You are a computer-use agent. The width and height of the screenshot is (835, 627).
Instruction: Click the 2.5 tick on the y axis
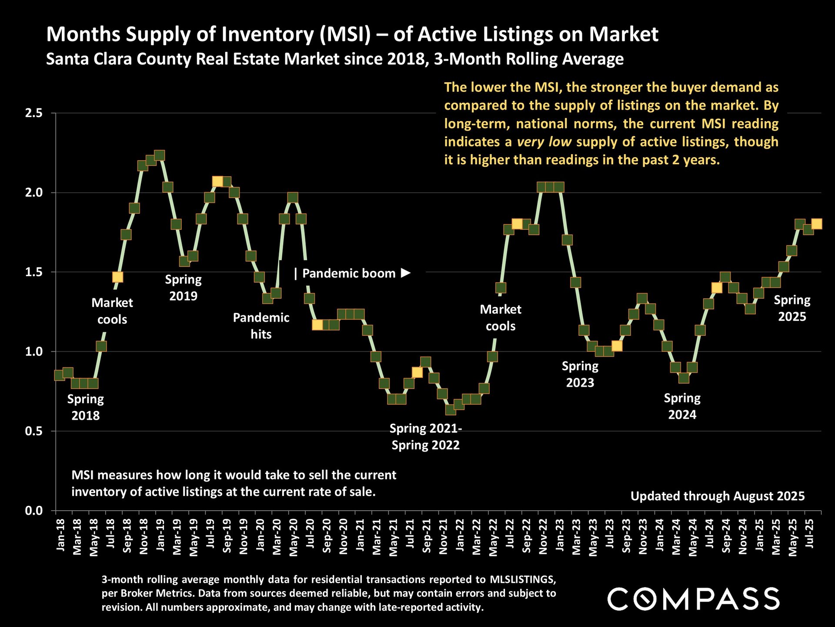coord(33,113)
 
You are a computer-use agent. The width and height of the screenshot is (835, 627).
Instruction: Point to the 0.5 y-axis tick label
coord(33,431)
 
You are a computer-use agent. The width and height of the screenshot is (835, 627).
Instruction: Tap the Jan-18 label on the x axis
coord(60,535)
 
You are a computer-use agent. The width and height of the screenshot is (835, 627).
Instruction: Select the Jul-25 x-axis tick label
coord(810,534)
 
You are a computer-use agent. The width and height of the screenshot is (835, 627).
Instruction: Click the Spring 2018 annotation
coord(86,407)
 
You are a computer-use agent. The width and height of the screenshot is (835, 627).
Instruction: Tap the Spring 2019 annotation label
coord(183,287)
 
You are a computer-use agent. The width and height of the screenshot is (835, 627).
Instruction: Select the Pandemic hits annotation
coord(261,326)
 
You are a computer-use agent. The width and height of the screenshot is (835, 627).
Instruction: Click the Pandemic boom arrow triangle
coord(405,273)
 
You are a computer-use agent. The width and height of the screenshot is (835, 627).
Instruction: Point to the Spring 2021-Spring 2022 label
coord(425,437)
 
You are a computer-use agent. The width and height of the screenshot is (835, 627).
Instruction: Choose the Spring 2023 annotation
coord(580,374)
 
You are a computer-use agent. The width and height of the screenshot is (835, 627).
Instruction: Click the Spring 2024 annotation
coord(682,406)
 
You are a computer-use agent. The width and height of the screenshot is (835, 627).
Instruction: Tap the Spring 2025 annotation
coord(792,308)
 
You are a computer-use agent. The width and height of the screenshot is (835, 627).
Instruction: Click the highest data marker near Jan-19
coord(160,155)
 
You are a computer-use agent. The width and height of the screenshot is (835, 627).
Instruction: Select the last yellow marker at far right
coord(816,224)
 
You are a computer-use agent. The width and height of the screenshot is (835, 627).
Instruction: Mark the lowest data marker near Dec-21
coord(451,410)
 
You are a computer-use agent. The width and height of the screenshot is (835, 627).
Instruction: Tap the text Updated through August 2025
coord(717,496)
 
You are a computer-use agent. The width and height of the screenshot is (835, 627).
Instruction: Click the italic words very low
coord(544,142)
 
